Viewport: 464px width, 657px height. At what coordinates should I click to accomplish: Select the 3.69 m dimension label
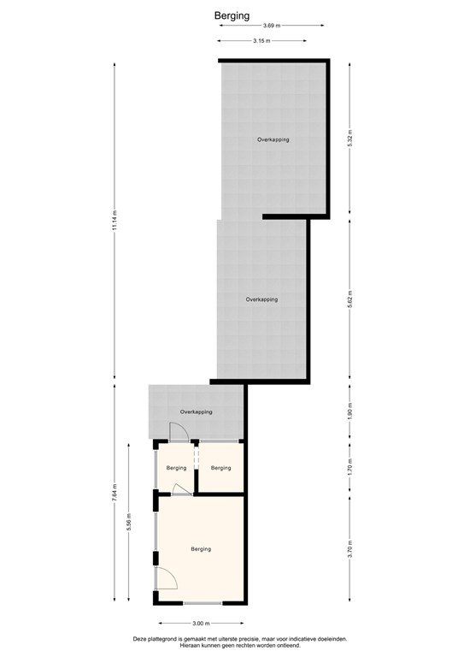pos(273,25)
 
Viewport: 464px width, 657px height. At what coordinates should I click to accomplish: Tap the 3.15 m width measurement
pos(261,40)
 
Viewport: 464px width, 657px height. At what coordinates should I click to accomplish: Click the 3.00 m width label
pos(200,624)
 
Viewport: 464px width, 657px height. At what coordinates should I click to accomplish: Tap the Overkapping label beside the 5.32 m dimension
pos(273,139)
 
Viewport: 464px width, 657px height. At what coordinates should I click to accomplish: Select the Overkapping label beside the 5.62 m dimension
pos(261,299)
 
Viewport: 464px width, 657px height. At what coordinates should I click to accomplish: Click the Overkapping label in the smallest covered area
pos(197,412)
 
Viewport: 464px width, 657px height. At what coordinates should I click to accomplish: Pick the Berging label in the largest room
pos(201,549)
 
